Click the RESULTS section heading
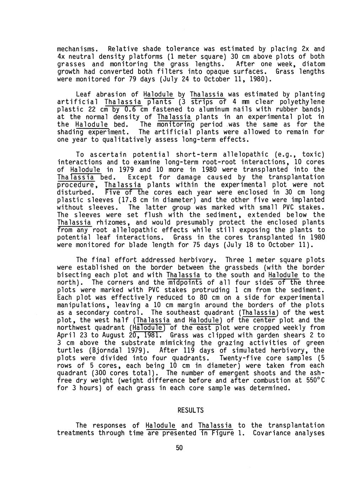coord(190,410)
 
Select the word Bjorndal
coord(103,351)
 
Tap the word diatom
coord(313,64)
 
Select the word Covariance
coord(273,433)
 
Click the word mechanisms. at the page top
coord(77,49)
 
